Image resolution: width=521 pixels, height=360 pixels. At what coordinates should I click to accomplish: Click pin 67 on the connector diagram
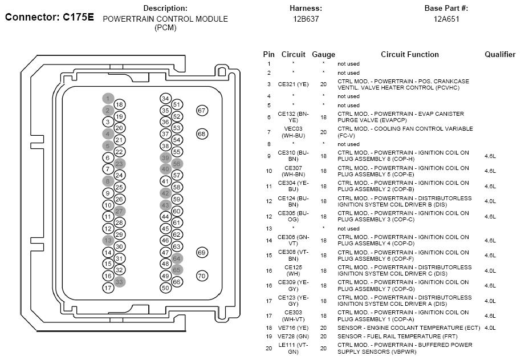click(202, 110)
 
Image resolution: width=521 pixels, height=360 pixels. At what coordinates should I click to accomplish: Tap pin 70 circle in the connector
click(202, 276)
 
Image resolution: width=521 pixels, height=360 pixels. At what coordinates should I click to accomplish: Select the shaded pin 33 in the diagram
click(119, 282)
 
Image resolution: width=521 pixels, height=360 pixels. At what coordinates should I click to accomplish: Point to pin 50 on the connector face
click(165, 288)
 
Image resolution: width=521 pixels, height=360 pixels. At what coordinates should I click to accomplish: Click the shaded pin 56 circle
click(177, 164)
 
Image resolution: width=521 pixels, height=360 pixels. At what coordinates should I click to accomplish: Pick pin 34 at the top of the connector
click(165, 98)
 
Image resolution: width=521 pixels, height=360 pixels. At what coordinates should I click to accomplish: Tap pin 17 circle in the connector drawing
click(108, 288)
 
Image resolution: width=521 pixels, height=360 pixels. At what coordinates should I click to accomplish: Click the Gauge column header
click(323, 55)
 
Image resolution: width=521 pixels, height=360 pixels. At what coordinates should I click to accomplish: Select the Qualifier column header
click(500, 54)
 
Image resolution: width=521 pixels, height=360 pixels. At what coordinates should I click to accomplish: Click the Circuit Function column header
click(410, 54)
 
